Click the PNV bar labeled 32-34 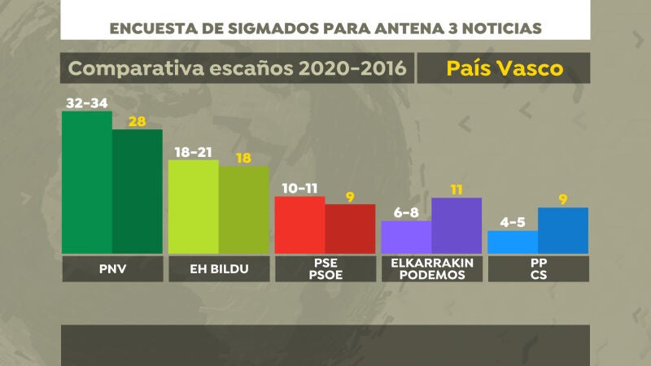[x=87, y=182]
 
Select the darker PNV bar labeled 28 [x=137, y=191]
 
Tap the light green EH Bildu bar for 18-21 [x=193, y=207]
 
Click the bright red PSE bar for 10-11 [x=299, y=224]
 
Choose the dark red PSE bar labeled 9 [x=350, y=229]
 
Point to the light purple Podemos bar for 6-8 [x=406, y=237]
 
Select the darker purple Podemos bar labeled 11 [x=457, y=225]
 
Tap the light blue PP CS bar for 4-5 [x=512, y=242]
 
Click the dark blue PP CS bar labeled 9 [x=563, y=230]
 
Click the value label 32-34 [x=87, y=103]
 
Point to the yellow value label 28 [x=136, y=121]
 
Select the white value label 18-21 [x=193, y=152]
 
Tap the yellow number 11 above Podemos [x=457, y=190]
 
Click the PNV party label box [x=112, y=269]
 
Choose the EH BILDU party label [x=218, y=269]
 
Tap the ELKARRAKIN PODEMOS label [x=431, y=269]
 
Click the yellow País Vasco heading [x=505, y=68]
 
